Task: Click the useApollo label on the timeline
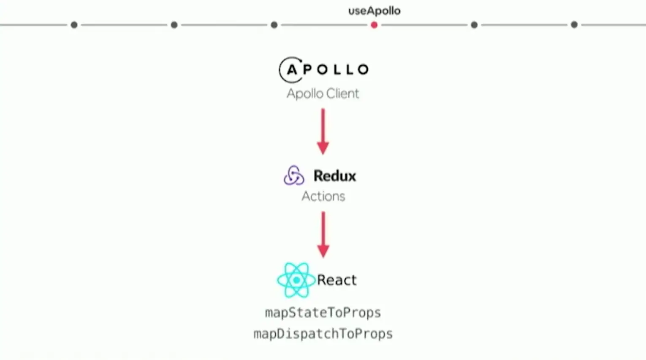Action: point(374,11)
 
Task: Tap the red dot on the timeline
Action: point(374,25)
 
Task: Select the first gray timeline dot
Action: point(74,25)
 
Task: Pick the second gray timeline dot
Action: point(174,25)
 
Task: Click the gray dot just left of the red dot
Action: point(274,25)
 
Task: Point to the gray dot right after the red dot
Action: point(474,25)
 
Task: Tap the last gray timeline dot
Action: point(574,25)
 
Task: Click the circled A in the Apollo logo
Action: point(292,70)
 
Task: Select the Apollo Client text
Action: point(323,93)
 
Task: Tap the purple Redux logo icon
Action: point(294,176)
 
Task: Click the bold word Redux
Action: point(335,176)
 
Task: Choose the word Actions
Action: point(323,196)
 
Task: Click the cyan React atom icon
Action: point(296,280)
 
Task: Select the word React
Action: point(337,280)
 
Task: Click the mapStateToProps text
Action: point(323,313)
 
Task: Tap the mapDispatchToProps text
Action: point(323,334)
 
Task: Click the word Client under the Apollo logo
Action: point(342,93)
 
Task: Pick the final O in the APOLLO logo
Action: point(363,70)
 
